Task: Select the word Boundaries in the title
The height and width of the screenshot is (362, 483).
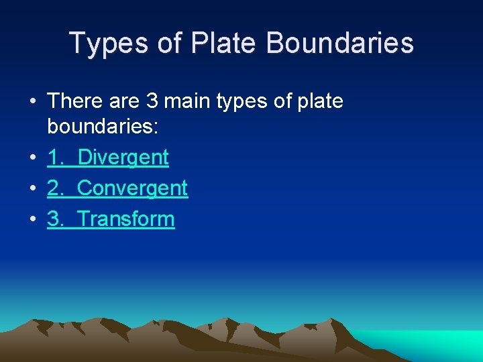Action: coord(340,44)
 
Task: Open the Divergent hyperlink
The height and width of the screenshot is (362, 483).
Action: coord(123,158)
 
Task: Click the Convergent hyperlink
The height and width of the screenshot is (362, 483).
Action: coord(132,189)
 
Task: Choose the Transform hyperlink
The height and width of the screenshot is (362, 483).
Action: coord(126,219)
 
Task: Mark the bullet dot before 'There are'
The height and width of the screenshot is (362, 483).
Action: coord(32,102)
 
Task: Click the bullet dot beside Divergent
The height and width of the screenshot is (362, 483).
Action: coord(32,158)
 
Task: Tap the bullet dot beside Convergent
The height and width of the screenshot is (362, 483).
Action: coord(32,189)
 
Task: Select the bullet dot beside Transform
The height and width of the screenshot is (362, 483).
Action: coord(32,220)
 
